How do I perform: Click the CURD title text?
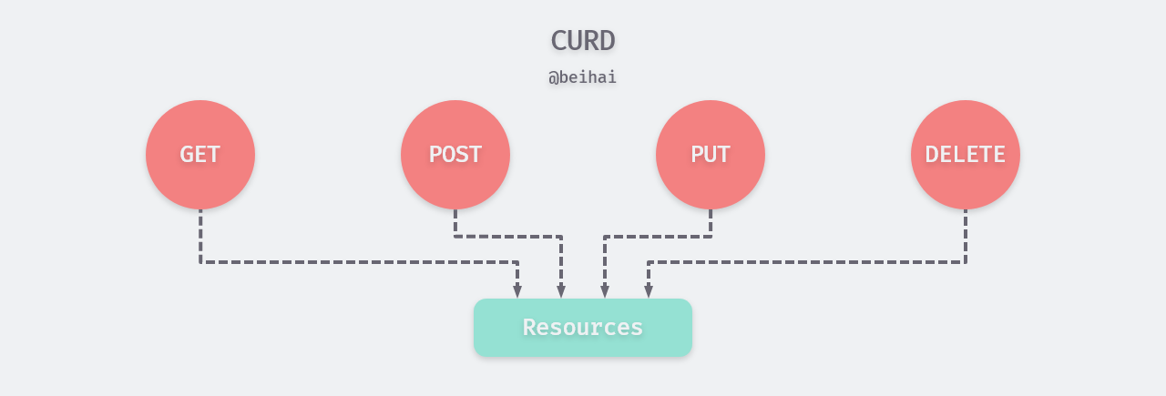583,40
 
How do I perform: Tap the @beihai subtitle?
583,77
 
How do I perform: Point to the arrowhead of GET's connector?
517,291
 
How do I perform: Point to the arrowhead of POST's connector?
561,291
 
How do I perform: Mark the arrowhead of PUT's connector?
605,291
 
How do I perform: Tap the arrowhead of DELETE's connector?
649,291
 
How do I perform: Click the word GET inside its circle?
200,155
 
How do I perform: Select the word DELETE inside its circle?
966,155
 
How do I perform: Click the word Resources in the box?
583,328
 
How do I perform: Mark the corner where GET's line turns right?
200,262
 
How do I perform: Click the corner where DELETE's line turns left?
966,262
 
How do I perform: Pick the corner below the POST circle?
455,237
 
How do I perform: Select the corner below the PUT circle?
711,237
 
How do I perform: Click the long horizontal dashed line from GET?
355,262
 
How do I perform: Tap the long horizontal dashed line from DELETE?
811,262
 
